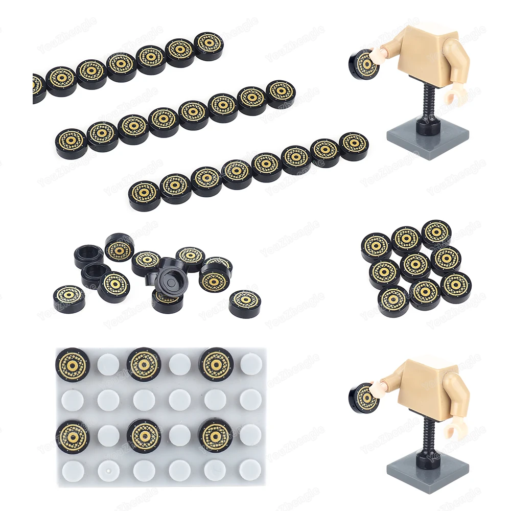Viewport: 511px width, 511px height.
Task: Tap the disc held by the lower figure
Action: [x=364, y=398]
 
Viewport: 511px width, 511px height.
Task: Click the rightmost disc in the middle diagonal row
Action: [x=281, y=91]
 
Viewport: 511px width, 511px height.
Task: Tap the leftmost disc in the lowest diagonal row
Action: [x=144, y=195]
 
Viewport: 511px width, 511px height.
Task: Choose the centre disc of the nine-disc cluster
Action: [x=415, y=265]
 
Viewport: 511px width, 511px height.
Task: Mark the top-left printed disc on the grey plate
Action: [x=72, y=364]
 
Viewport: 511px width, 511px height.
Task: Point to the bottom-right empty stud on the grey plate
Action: [x=250, y=470]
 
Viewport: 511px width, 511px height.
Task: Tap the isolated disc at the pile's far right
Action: [x=245, y=303]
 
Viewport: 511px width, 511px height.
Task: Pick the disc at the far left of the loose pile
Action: [x=69, y=299]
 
